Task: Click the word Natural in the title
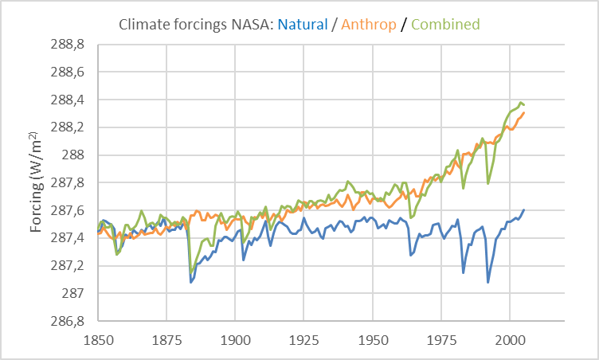(303, 25)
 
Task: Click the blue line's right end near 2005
(524, 209)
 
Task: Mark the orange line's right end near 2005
(524, 112)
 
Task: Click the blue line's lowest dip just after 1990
(488, 282)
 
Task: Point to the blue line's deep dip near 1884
(191, 282)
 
